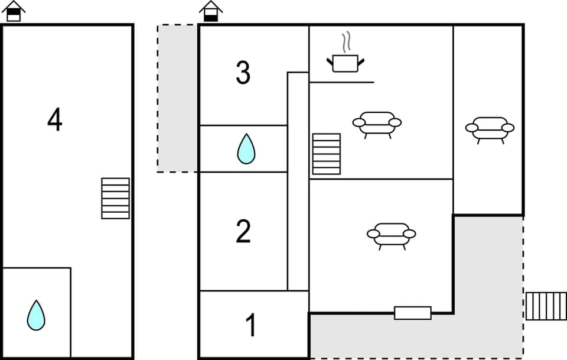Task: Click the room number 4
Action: (55, 121)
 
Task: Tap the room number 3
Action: (243, 73)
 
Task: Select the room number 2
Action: (243, 232)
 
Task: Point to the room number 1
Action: (251, 326)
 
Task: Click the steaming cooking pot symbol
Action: (346, 62)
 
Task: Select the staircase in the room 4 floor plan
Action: (115, 198)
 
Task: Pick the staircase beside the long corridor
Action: (327, 154)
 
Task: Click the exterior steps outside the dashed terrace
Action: (546, 306)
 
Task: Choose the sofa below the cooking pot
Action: (377, 124)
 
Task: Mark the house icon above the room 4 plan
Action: (14, 11)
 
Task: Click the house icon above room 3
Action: (211, 11)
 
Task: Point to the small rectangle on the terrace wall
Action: (412, 313)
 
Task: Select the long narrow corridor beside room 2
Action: (298, 181)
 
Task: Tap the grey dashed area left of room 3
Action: (177, 98)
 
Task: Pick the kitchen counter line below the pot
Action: (341, 82)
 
